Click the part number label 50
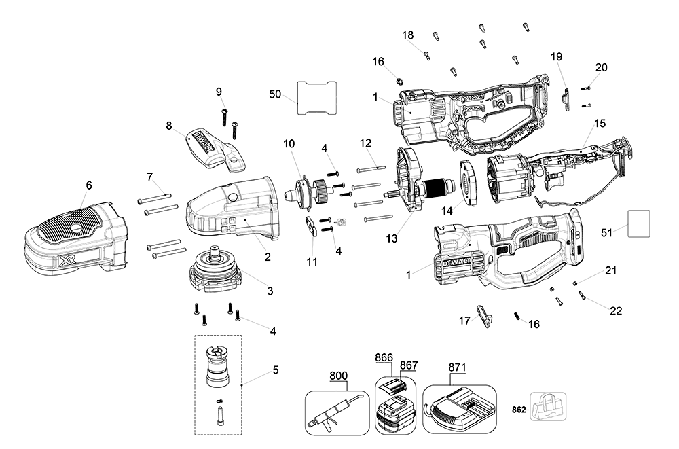[x=275, y=94]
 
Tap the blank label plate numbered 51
[x=639, y=223]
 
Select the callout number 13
[x=392, y=238]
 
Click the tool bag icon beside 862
[x=548, y=406]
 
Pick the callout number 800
[x=338, y=376]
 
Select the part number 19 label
[x=557, y=56]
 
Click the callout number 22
[x=616, y=310]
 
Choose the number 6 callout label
[x=89, y=185]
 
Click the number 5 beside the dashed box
[x=276, y=370]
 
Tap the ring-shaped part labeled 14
[x=468, y=183]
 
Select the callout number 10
[x=289, y=143]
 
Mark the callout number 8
[x=168, y=126]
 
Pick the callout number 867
[x=408, y=365]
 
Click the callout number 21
[x=610, y=270]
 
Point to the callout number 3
[x=270, y=291]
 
